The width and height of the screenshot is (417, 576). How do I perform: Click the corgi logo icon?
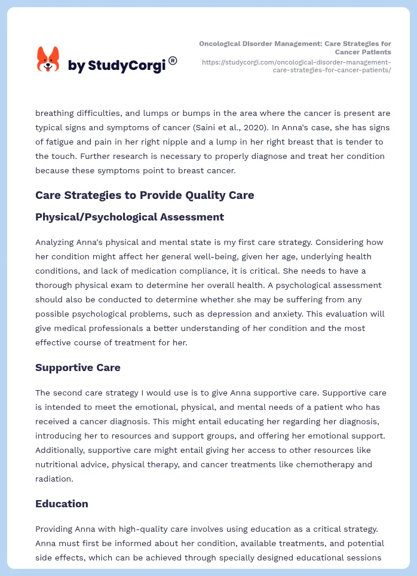(48, 59)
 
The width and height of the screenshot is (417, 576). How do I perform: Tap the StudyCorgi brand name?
(116, 66)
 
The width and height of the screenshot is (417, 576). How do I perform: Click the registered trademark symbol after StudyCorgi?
(173, 60)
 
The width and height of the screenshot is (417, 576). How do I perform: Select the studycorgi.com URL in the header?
(296, 66)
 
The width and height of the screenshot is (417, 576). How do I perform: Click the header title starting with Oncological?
(295, 48)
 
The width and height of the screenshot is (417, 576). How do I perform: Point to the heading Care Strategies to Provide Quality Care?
(145, 195)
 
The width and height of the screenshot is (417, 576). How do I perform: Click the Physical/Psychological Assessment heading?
(130, 217)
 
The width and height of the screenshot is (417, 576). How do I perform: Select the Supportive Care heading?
(78, 367)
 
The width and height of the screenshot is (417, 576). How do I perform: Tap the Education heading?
(62, 504)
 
